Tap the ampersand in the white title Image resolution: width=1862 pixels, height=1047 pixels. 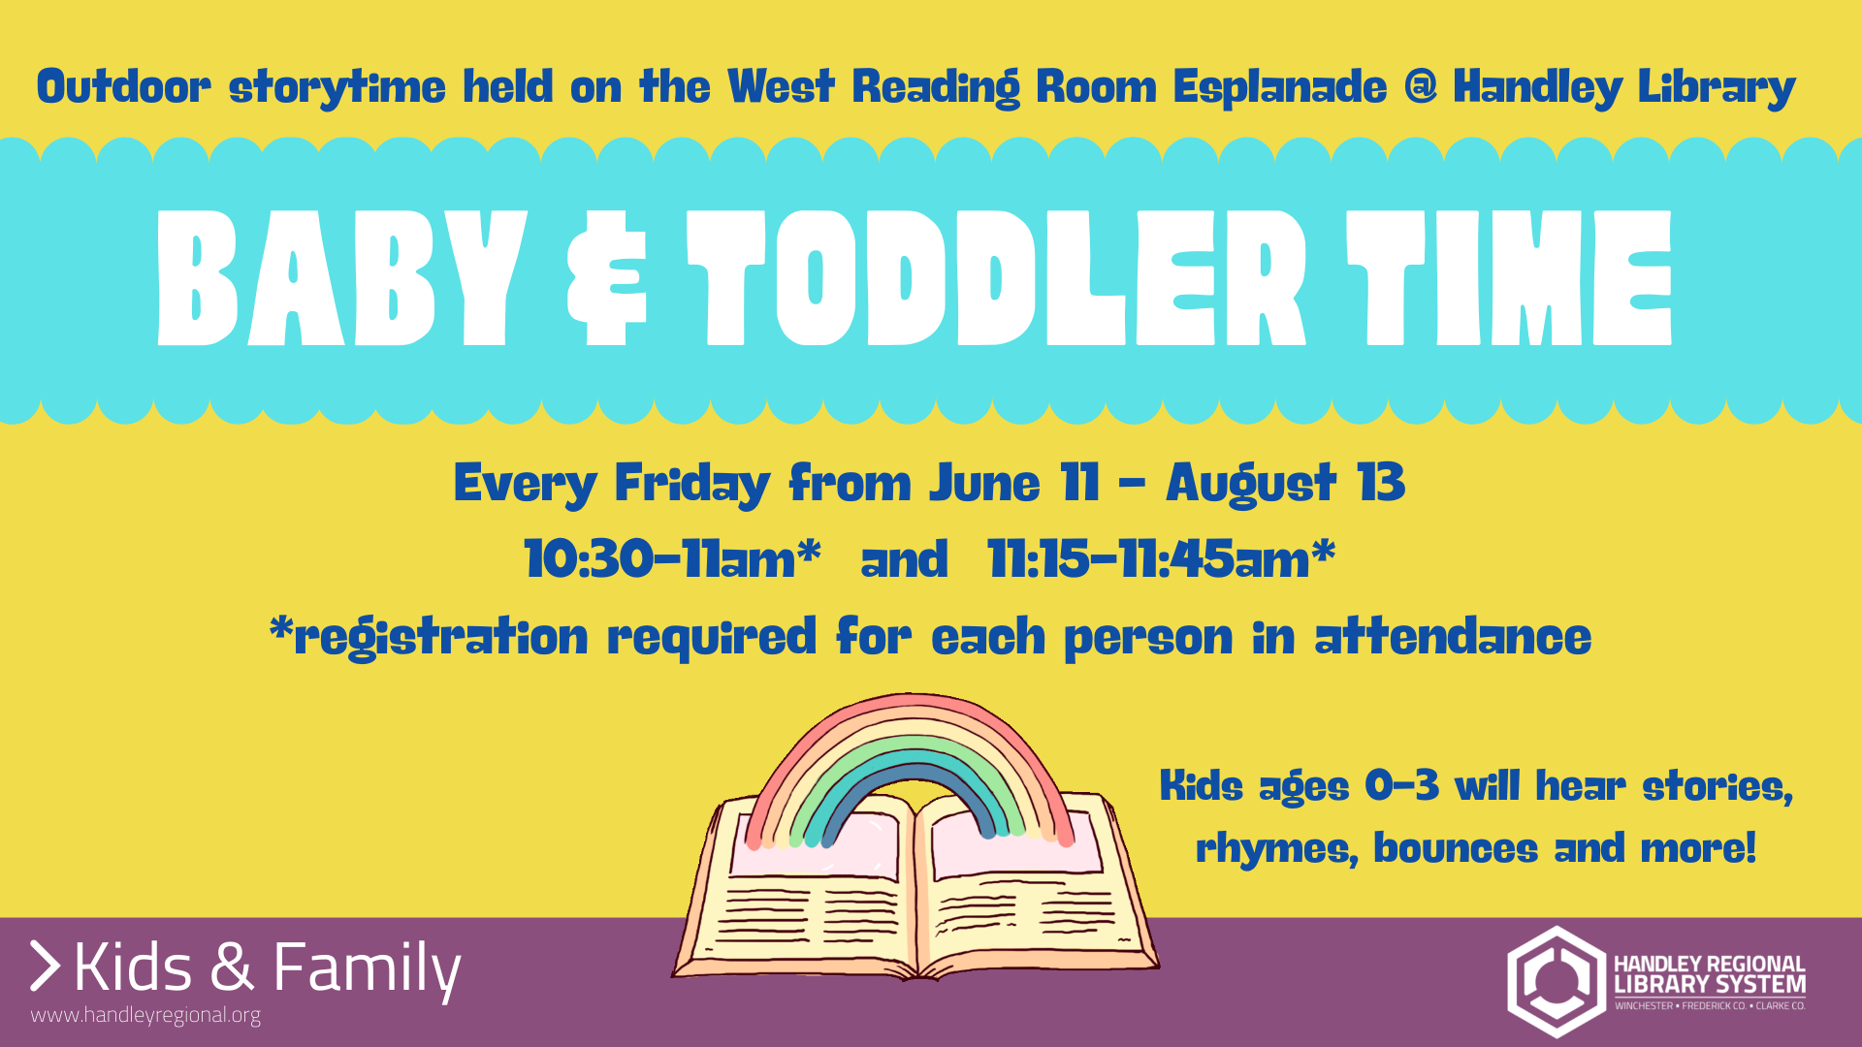pos(607,278)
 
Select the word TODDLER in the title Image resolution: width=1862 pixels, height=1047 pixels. pos(998,278)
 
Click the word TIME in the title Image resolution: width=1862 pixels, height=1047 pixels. pos(1510,278)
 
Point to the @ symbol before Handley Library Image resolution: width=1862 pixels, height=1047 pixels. pos(1420,86)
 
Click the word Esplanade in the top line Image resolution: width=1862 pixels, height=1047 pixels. pos(1280,87)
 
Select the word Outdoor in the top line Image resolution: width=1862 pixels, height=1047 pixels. pos(123,86)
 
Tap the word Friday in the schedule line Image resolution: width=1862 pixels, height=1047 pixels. pos(692,484)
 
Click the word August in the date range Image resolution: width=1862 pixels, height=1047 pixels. pos(1251,484)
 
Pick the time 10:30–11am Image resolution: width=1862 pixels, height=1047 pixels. pos(672,559)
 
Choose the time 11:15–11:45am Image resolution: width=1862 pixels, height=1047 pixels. pos(1161,559)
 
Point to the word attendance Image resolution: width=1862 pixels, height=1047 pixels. pos(1453,637)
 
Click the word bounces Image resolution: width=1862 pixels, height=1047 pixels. pos(1455,848)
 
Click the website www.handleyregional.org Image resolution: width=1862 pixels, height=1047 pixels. pos(145,1016)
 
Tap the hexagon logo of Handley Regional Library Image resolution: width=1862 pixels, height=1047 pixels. pos(1557,981)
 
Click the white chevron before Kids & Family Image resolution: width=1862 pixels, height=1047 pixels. pos(46,966)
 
